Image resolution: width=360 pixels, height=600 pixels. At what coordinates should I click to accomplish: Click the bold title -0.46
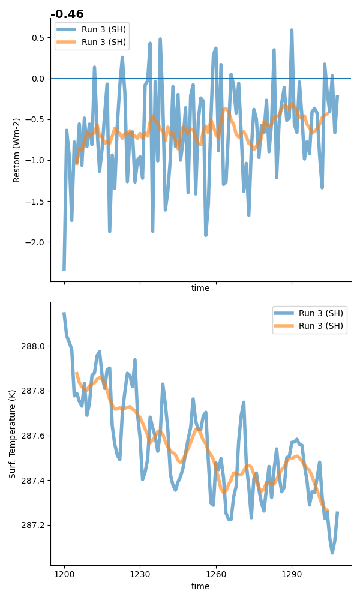[67, 14]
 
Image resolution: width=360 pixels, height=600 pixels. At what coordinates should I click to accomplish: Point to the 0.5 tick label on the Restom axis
[38, 38]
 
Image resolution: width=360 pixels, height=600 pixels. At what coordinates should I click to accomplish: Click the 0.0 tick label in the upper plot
[38, 79]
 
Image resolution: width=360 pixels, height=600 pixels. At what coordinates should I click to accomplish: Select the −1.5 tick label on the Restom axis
[35, 202]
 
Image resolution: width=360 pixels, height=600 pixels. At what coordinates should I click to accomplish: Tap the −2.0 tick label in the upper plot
[35, 242]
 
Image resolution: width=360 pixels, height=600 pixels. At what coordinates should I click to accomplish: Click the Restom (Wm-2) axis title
[16, 151]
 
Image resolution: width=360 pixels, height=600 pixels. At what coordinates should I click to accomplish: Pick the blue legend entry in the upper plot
[91, 30]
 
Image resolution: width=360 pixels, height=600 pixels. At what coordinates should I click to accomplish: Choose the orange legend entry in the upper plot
[91, 42]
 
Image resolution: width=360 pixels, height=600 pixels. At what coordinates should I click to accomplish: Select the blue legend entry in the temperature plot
[309, 313]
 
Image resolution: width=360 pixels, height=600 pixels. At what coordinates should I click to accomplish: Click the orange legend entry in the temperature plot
[309, 326]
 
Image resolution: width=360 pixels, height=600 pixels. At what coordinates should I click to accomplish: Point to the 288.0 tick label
[33, 346]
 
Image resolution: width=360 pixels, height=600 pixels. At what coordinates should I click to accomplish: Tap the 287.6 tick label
[33, 436]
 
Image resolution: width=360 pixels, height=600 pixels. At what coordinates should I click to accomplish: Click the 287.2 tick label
[33, 526]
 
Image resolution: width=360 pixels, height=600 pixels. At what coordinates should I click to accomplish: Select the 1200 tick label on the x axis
[64, 574]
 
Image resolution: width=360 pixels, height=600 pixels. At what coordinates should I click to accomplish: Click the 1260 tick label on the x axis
[216, 574]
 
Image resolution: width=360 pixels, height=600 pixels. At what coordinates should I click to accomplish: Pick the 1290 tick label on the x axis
[292, 574]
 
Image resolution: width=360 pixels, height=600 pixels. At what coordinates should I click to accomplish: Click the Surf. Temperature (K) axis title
[12, 434]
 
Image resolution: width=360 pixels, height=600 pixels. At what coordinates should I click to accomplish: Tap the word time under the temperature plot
[200, 586]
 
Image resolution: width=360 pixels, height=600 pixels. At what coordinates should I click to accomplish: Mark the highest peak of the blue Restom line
[292, 29]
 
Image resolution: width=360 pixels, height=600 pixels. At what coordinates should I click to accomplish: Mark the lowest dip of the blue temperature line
[332, 553]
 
